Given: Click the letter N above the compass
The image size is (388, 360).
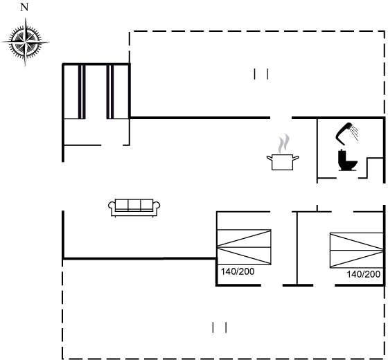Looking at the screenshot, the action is tap(24, 8).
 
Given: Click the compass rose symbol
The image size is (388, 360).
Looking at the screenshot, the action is tap(25, 42).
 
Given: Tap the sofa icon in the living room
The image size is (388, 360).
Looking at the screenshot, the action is tap(134, 208).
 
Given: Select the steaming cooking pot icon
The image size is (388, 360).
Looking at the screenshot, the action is tap(283, 152).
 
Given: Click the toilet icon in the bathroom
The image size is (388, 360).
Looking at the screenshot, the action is tap(347, 160).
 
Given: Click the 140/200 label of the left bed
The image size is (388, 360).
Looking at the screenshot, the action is tap(238, 271).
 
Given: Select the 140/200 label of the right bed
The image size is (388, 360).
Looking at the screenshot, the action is tap(364, 274).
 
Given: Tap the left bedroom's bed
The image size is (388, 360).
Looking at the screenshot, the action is tap(244, 247).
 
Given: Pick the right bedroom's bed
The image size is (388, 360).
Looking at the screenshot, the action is tap(357, 250).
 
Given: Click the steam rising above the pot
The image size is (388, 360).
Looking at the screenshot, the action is tap(283, 143).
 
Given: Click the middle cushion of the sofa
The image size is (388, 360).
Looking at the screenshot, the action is tap(134, 205).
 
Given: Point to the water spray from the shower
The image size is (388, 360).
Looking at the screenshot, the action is tap(355, 133).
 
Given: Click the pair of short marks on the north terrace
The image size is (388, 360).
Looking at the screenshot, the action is tap(261, 74).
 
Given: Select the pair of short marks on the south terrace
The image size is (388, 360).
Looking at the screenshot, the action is tap(220, 327).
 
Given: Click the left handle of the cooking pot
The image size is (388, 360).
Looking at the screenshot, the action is tap(270, 158).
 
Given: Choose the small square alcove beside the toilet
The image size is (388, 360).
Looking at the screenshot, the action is tap(375, 168).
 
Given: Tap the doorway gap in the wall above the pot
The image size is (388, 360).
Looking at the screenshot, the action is tap(281, 118).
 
